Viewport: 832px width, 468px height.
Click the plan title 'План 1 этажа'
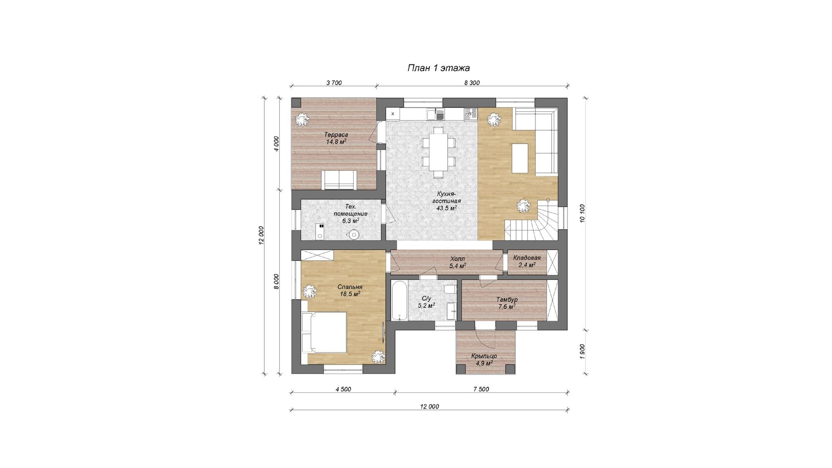coord(438,68)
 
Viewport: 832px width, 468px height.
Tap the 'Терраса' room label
coord(336,135)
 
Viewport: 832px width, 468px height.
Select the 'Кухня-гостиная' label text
coord(446,198)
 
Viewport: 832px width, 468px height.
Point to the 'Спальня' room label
coord(350,287)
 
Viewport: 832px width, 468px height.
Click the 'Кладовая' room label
coord(527,258)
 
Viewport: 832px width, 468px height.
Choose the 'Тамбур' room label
coord(507,300)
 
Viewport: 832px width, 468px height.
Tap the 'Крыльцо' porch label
coord(484,356)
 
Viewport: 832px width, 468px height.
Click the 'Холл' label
coord(457,259)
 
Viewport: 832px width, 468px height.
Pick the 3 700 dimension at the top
coord(334,83)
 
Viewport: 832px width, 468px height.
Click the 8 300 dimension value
coord(471,83)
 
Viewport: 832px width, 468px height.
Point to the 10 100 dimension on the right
coord(582,213)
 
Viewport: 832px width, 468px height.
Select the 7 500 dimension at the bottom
coord(481,389)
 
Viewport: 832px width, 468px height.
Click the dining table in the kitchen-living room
coord(438,153)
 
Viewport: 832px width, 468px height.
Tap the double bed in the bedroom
coord(324,332)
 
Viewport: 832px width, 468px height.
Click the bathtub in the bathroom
coord(399,300)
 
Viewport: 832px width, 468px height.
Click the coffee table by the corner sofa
coord(520,158)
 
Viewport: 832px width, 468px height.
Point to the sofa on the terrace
coord(339,180)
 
